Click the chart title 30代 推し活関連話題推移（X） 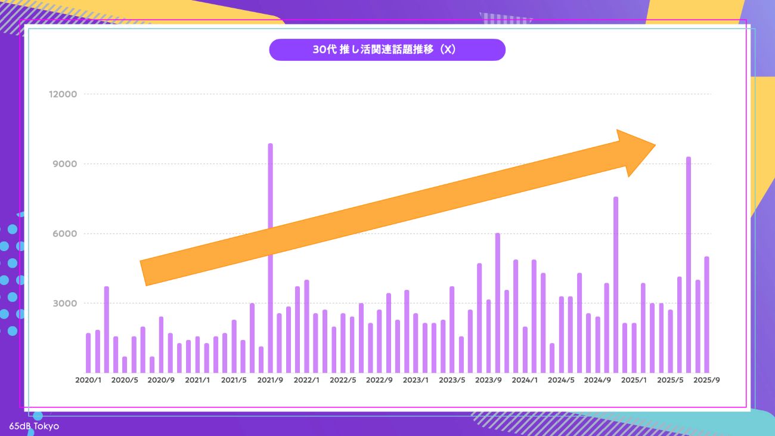pos(387,50)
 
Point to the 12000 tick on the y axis pos(63,94)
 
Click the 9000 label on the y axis pos(65,164)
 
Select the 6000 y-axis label pos(65,234)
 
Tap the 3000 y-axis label pos(65,304)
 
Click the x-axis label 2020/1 pos(88,380)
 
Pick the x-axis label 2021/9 pos(271,380)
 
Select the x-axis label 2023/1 pos(416,380)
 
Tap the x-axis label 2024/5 pos(562,380)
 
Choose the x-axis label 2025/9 pos(707,380)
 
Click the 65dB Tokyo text pos(34,426)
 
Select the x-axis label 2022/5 pos(343,380)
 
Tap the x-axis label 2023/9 pos(489,380)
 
